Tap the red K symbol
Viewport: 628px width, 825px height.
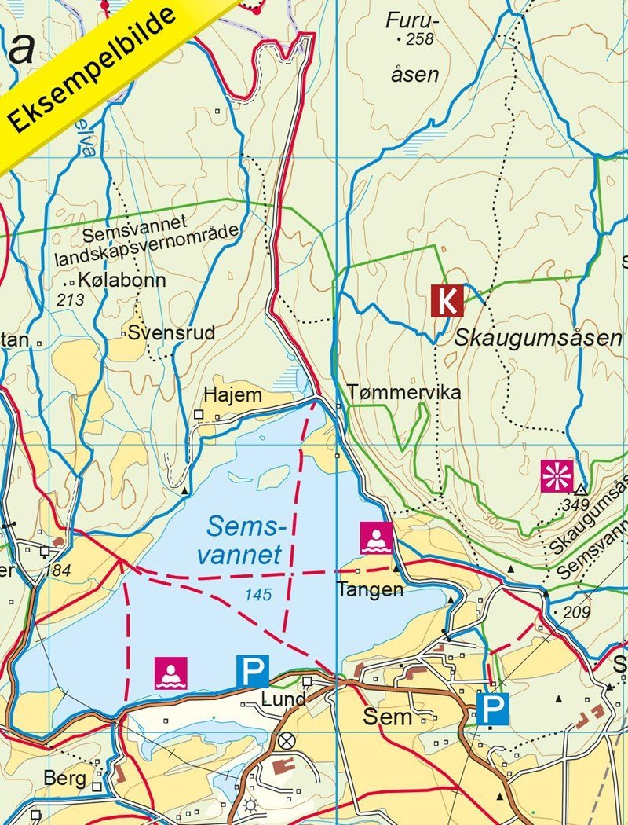click(x=447, y=300)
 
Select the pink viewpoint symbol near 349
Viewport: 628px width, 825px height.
click(x=557, y=477)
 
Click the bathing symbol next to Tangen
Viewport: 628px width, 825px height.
click(x=377, y=537)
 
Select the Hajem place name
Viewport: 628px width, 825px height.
click(x=232, y=395)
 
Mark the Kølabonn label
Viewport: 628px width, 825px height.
click(x=121, y=281)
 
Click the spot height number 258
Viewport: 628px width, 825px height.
click(x=420, y=38)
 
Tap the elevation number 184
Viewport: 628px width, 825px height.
click(x=58, y=570)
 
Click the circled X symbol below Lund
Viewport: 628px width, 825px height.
click(x=287, y=740)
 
